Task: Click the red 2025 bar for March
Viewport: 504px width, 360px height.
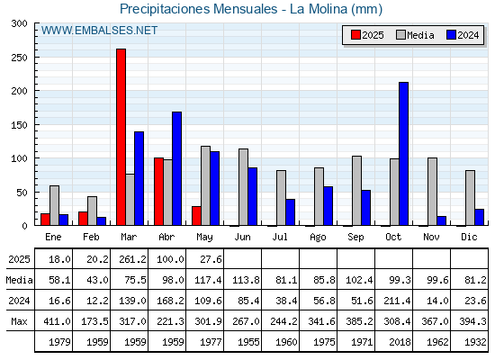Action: pos(121,137)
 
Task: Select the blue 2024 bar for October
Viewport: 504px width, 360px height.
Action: pos(403,154)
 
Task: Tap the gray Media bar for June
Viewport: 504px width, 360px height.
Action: pos(243,187)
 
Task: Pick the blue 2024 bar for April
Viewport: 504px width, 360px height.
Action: pos(176,168)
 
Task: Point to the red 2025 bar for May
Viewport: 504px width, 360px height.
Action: pos(196,216)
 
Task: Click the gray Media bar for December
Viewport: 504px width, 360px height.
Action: pos(470,198)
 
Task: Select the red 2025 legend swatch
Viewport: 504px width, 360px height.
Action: pos(355,35)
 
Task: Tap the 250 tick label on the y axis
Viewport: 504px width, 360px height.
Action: pos(19,58)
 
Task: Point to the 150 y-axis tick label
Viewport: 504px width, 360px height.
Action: pos(19,125)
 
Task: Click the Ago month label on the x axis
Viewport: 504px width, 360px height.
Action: pos(318,238)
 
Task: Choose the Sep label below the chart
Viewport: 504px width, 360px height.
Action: pos(355,238)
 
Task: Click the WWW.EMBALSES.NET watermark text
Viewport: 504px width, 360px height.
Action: pos(99,31)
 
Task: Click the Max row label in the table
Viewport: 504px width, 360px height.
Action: pos(19,321)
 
